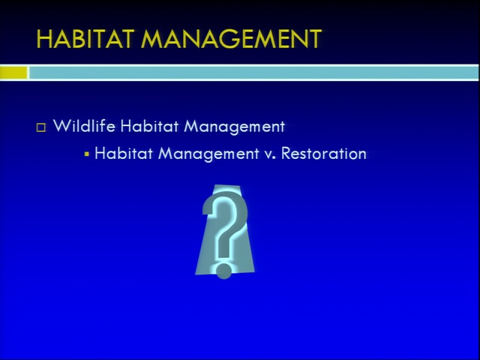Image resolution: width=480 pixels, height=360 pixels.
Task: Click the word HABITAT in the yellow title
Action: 85,39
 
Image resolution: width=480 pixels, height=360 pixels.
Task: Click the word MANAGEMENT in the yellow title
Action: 232,39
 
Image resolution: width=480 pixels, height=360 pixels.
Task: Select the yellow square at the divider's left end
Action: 13,73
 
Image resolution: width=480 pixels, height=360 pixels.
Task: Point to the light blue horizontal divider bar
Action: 253,73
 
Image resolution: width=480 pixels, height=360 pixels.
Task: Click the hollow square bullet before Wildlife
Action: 41,127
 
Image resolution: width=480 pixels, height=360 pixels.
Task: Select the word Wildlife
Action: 84,125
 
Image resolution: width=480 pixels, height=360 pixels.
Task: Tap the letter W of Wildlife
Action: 61,126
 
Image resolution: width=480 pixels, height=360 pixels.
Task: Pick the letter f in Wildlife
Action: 102,125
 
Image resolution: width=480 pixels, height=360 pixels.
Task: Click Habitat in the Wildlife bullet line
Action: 149,125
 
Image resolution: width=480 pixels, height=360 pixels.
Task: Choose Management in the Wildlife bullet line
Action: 234,127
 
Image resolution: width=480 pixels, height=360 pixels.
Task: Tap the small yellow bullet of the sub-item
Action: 87,154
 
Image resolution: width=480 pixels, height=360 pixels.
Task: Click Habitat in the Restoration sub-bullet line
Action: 124,153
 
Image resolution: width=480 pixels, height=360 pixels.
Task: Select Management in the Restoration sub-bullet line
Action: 208,154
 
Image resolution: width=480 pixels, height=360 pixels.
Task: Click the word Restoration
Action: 324,153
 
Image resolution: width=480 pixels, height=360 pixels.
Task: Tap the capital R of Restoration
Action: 286,153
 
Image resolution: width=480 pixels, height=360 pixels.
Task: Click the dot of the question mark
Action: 223,271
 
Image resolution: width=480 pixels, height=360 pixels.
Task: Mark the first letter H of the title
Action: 45,39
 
